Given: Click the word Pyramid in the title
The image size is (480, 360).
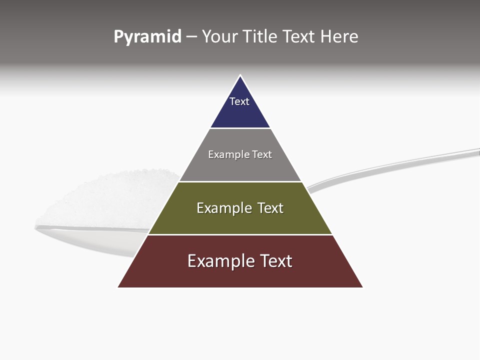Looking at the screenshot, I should click(147, 37).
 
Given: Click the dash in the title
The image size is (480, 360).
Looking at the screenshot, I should click(191, 37).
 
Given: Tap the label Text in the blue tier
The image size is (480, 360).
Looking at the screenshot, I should click(239, 101).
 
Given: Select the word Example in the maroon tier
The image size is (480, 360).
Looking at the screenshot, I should click(219, 261).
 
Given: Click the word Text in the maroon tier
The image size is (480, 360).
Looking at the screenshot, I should click(276, 261).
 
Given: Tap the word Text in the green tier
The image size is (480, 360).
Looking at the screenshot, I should click(270, 208).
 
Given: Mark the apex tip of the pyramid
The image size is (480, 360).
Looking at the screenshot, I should click(240, 76).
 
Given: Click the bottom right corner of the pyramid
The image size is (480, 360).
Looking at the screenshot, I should click(362, 287).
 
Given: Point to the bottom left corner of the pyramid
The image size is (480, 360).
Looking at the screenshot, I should click(118, 287).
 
